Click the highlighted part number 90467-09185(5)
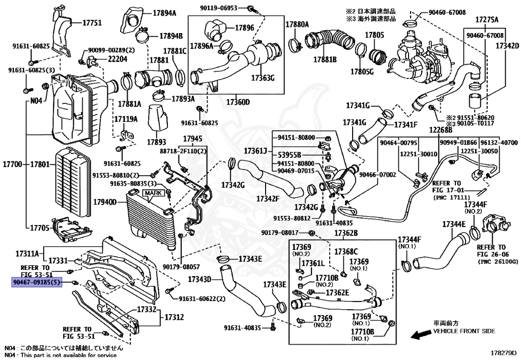point(37,281)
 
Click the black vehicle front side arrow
point(420,335)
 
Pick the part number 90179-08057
point(181,266)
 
